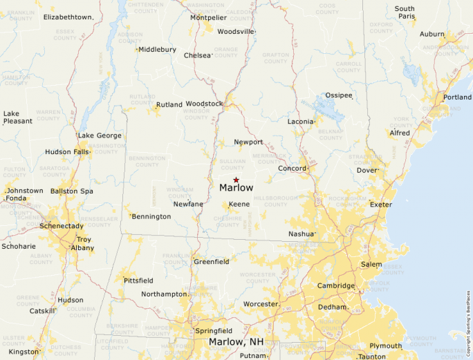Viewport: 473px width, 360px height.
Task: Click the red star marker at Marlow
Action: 236,180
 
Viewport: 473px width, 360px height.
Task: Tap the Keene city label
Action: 239,204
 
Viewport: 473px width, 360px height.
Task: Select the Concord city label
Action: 291,169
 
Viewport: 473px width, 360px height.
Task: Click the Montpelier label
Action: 207,17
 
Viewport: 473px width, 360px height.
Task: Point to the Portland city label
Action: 457,97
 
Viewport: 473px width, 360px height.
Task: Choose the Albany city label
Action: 82,247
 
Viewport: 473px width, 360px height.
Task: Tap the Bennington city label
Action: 151,216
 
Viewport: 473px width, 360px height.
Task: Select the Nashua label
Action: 302,234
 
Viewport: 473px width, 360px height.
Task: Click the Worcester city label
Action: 260,304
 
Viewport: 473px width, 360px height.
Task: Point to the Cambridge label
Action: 335,286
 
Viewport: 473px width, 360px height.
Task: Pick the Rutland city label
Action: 169,105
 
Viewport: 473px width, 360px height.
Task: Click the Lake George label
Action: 100,135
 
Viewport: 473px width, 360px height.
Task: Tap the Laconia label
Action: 301,122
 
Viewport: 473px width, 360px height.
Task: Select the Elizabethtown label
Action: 68,17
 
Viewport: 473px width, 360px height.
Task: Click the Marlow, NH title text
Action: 236,342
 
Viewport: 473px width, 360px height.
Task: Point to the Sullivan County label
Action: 232,164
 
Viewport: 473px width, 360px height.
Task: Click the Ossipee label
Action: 339,95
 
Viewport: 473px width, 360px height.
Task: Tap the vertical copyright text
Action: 468,322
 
